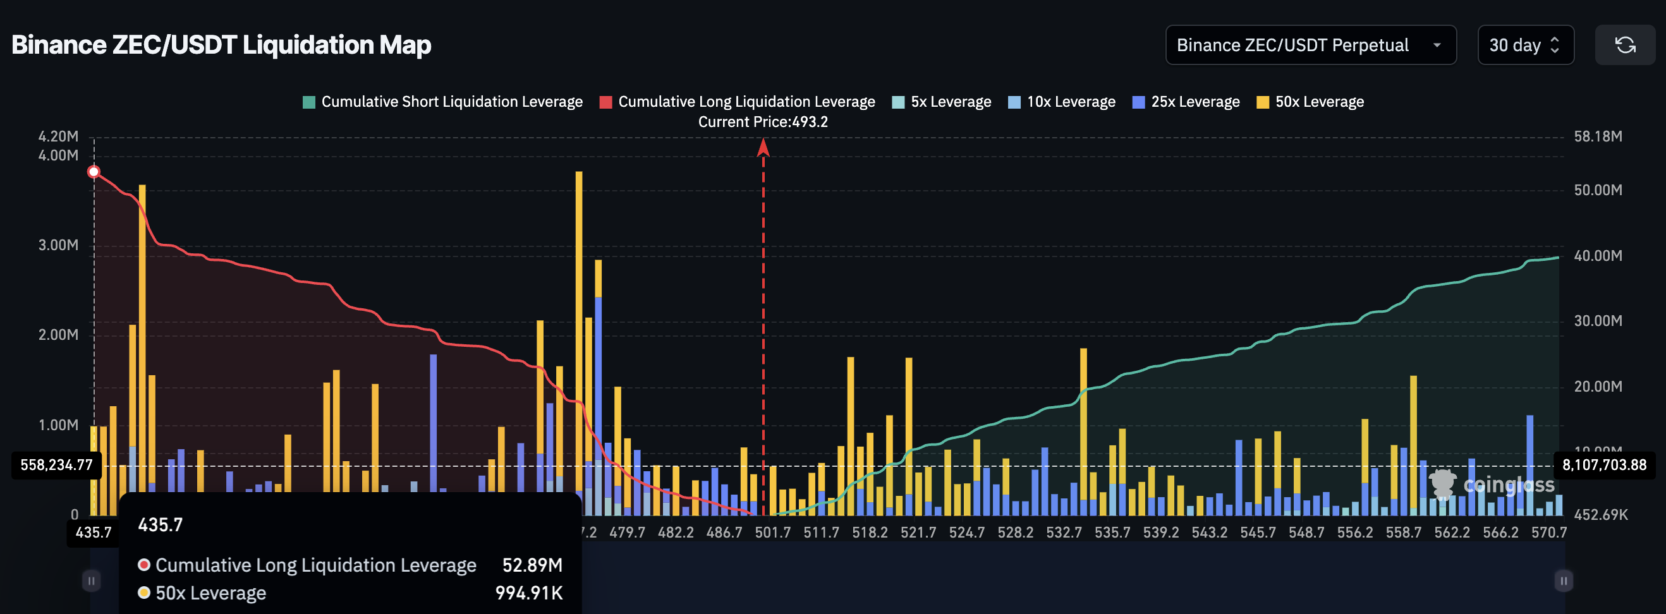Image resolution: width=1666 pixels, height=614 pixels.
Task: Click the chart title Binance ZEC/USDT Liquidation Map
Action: pos(221,45)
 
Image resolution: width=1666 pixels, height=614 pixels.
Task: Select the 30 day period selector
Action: pos(1524,45)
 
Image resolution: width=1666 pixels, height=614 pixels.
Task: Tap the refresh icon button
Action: pos(1625,45)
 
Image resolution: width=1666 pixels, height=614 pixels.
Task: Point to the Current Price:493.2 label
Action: pos(762,121)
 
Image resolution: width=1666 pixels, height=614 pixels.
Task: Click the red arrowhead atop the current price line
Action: pos(763,148)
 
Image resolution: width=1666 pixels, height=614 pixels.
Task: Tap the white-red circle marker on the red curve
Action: pos(94,171)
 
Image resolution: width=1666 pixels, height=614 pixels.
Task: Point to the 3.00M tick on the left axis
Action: pos(58,245)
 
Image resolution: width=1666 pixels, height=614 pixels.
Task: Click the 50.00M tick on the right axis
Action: pos(1598,190)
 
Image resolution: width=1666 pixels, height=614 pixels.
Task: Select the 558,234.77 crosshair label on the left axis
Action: pos(56,465)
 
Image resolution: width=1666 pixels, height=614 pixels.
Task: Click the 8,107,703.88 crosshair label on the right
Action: pos(1604,465)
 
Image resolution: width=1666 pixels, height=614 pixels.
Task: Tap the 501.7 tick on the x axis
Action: pos(772,533)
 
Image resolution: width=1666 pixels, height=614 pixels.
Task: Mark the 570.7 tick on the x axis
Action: pos(1548,533)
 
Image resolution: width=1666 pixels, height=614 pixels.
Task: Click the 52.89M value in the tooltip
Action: pos(532,565)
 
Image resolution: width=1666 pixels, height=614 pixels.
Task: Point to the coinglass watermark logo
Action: pos(1493,485)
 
